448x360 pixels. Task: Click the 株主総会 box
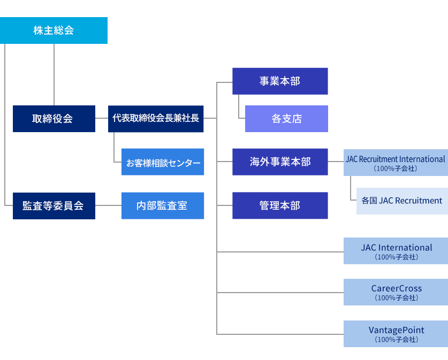(54, 30)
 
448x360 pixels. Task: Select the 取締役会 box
(54, 119)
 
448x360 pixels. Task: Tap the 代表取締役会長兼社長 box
(156, 119)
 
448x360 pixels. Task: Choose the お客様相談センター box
(163, 162)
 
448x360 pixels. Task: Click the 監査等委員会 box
(54, 205)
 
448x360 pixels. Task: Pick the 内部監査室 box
(163, 205)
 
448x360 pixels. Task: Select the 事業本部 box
(280, 81)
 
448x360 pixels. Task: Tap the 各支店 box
(286, 119)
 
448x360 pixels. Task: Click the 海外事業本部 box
(280, 162)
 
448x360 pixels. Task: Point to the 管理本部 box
(280, 205)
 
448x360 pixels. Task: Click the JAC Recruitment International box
(396, 162)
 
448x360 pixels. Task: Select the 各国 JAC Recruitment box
(402, 201)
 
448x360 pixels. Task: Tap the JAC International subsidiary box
(396, 251)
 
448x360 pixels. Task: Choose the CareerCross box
(396, 292)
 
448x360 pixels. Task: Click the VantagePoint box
(396, 334)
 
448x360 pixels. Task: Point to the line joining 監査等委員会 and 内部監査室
(108, 205)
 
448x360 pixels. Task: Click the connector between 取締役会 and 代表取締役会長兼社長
(102, 118)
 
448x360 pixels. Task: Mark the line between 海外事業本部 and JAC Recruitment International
(336, 162)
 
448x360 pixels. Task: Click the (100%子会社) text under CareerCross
(396, 298)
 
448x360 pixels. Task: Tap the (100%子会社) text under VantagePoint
(396, 340)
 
